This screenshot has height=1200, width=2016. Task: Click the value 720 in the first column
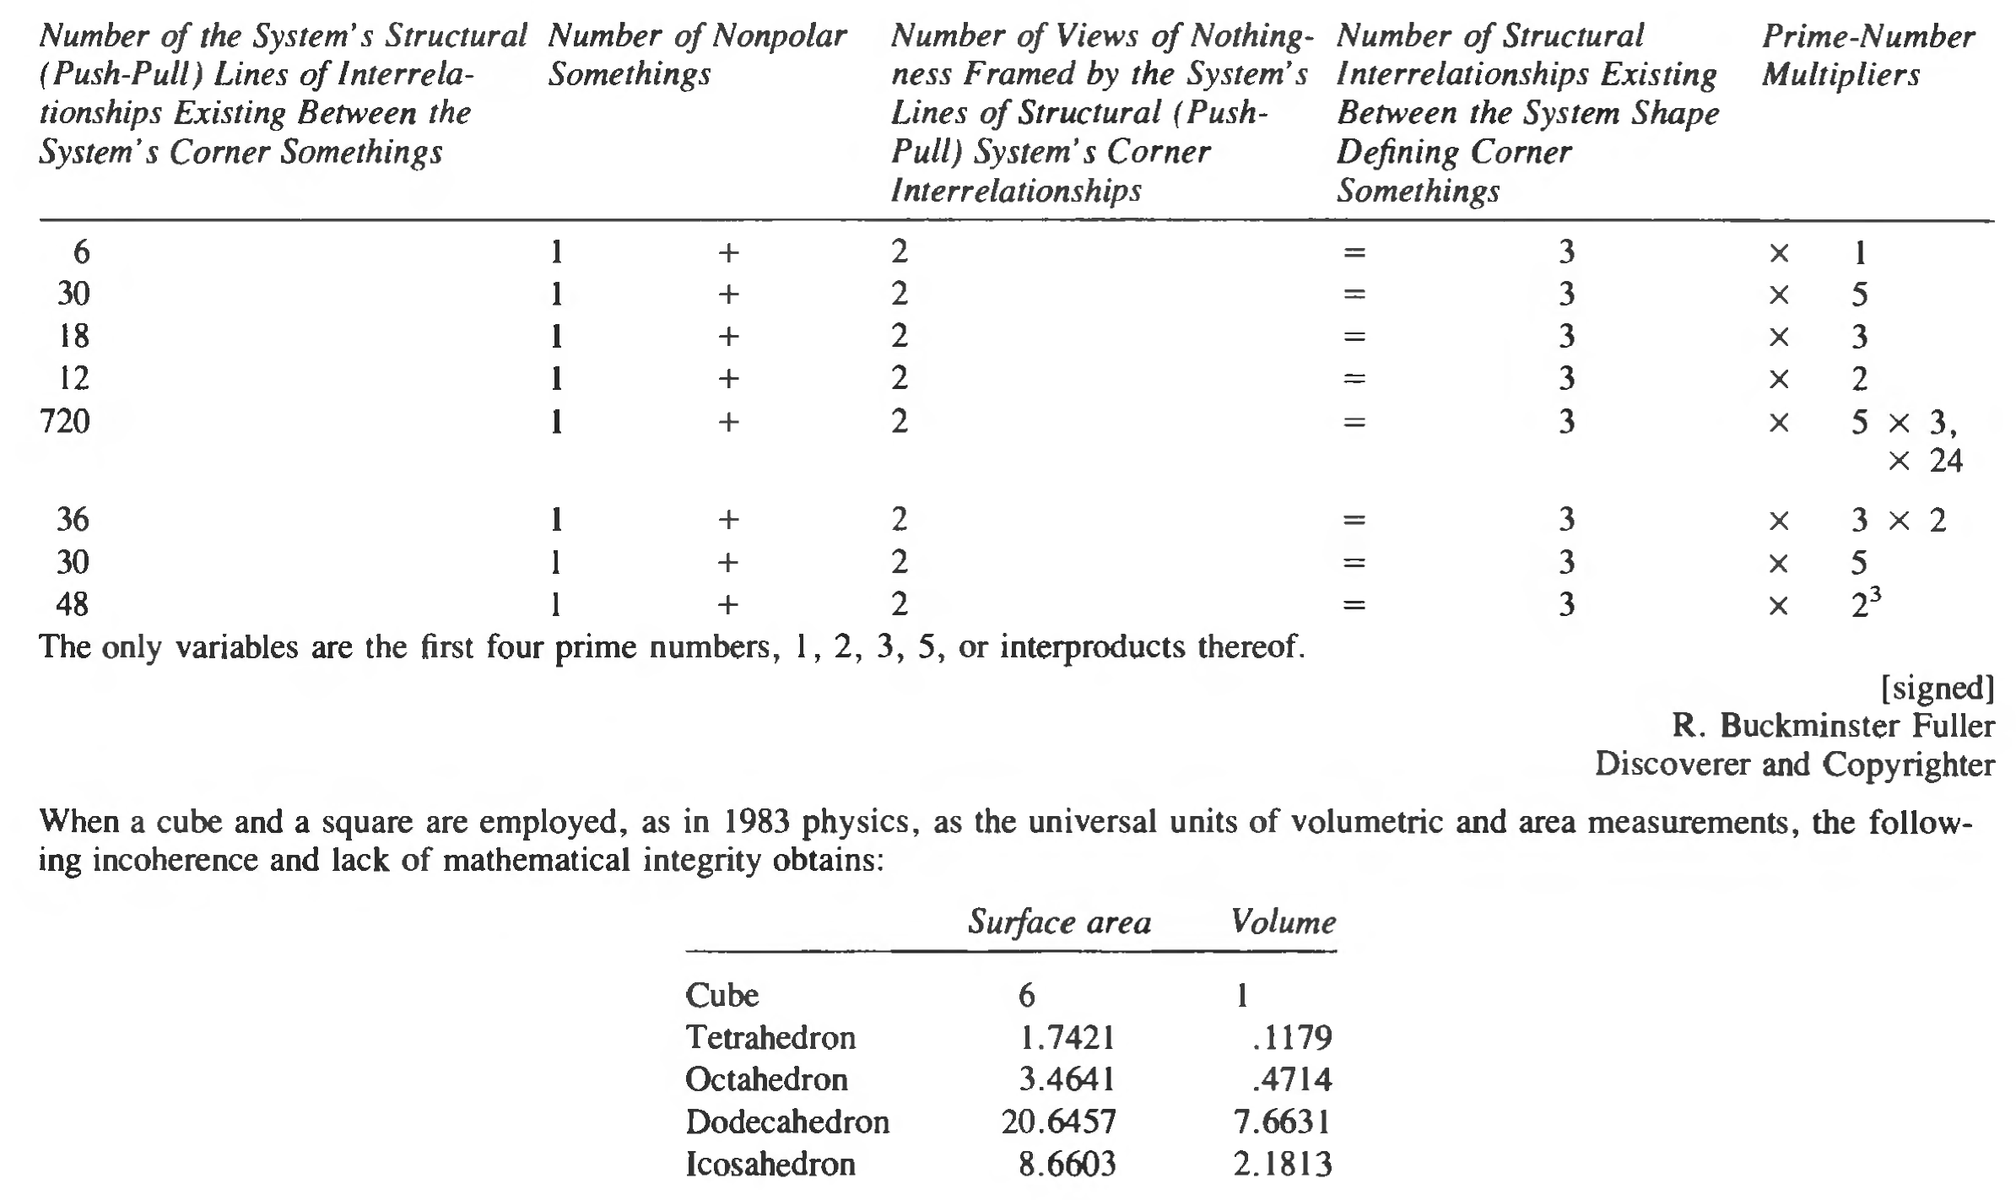pos(65,420)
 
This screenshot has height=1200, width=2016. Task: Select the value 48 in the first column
pos(73,604)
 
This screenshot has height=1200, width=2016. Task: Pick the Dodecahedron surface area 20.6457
pos(1058,1122)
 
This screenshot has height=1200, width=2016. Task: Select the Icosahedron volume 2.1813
pos(1282,1165)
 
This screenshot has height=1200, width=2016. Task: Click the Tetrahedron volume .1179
pos(1292,1037)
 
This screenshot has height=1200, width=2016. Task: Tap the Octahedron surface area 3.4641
pos(1067,1079)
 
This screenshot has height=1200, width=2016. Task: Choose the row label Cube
pos(722,996)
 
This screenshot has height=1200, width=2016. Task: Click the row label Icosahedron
pos(770,1165)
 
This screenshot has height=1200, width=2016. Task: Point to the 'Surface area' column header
pos(1059,922)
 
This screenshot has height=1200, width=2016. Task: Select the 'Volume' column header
pos(1283,922)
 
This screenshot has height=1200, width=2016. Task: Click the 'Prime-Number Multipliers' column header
pos(1867,55)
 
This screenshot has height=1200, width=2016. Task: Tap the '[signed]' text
pos(1938,689)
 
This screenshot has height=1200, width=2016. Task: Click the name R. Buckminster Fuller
pos(1833,726)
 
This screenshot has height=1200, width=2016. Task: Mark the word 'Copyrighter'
pos(1908,765)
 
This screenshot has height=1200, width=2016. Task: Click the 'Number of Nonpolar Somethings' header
pos(696,55)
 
